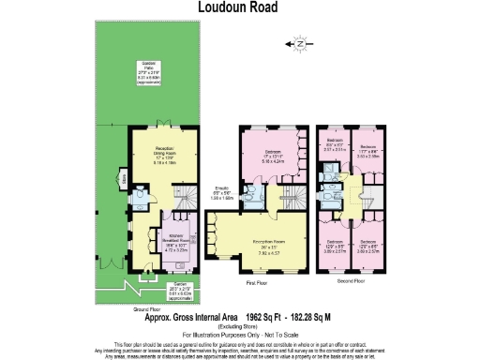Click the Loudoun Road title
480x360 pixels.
239,7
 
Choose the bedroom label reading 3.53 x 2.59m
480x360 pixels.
367,153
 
